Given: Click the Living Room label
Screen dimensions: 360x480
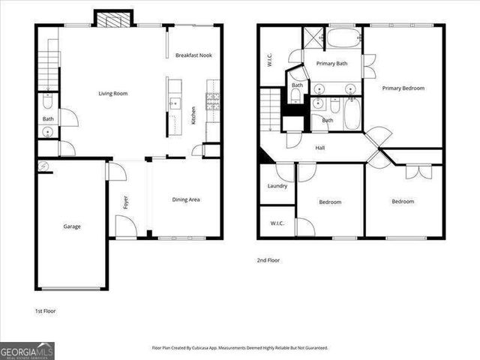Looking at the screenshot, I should coord(113,94).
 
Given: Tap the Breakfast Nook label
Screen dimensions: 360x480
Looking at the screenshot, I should coord(193,55).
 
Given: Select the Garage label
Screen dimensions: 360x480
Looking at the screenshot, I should coord(72,226).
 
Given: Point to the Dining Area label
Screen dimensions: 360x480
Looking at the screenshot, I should coord(186,199).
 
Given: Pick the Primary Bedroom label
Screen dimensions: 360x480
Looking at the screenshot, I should coord(403,88).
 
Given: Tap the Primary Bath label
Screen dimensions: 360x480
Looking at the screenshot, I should coord(330,64).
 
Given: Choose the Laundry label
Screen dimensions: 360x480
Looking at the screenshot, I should coord(277,186).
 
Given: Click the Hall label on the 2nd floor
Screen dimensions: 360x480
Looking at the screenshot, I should coord(320,148).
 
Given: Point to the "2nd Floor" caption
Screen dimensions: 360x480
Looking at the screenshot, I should coord(268,260).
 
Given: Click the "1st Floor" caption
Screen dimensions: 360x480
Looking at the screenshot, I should coord(45,310).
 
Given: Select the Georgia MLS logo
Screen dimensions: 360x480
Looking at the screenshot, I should coord(27,350).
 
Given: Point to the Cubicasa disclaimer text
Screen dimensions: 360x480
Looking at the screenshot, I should coord(240,348).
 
